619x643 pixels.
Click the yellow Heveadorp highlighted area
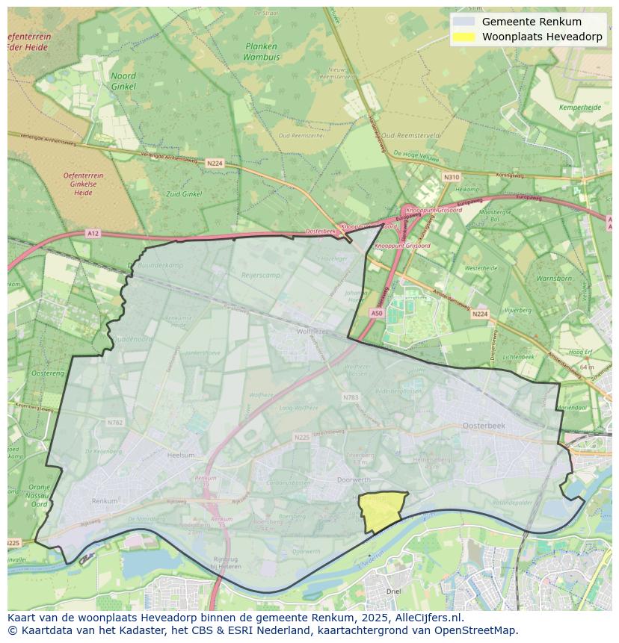[x=380, y=511]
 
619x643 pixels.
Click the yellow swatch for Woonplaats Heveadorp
[x=464, y=37]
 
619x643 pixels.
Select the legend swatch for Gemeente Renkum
[x=464, y=22]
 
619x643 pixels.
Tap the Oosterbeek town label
[x=484, y=425]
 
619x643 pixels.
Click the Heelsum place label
[x=181, y=455]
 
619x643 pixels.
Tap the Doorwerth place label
[x=354, y=480]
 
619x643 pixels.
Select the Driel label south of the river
[x=393, y=591]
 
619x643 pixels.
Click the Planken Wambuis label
[x=261, y=51]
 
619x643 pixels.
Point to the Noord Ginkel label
[x=123, y=81]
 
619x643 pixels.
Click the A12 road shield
[x=92, y=234]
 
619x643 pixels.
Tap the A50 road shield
[x=377, y=314]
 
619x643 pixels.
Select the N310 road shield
[x=451, y=177]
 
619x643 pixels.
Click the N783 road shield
[x=350, y=397]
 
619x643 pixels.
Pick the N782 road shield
[x=114, y=423]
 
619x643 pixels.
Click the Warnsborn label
[x=553, y=279]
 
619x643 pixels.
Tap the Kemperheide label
[x=579, y=108]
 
